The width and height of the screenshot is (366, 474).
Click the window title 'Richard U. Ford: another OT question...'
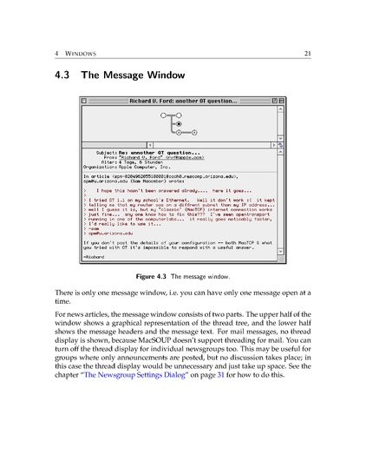coord(182,102)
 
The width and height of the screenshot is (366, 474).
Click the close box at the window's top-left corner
coord(84,102)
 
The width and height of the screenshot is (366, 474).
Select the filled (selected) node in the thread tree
coord(178,124)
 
